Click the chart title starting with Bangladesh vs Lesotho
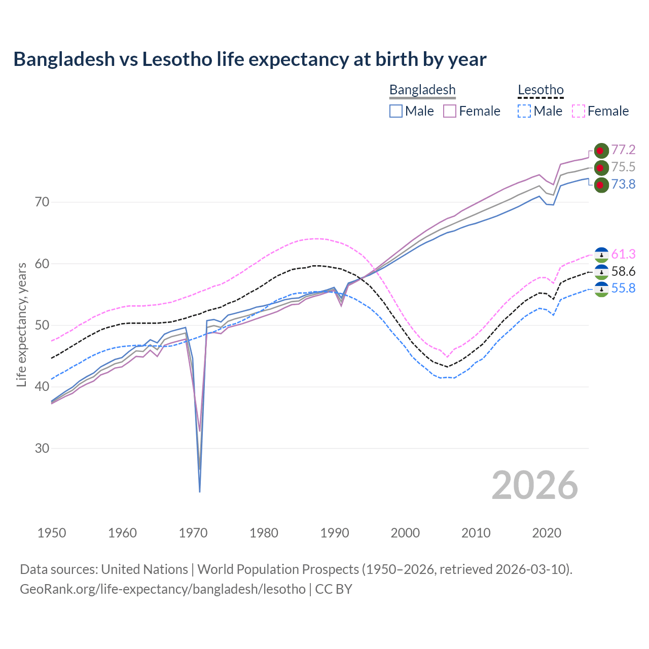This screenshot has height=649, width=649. [x=249, y=59]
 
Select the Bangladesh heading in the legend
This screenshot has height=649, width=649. [x=422, y=90]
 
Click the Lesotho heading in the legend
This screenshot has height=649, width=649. [x=540, y=90]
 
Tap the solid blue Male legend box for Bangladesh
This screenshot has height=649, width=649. [x=396, y=111]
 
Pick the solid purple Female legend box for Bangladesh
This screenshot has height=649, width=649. [x=450, y=111]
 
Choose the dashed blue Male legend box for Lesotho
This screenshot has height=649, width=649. [x=524, y=111]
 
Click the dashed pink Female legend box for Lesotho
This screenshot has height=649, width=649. [x=579, y=111]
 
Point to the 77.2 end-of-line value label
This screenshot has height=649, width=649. [x=623, y=150]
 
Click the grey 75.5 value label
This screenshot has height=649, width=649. [x=623, y=167]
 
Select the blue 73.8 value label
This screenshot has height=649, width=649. [x=623, y=184]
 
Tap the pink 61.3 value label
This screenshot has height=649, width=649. [x=623, y=254]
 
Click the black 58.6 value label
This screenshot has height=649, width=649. [x=623, y=271]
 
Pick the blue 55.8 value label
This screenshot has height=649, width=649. [x=623, y=289]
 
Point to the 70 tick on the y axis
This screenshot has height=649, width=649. [x=42, y=202]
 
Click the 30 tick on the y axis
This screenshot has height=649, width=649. [x=42, y=448]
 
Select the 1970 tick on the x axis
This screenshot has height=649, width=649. [x=193, y=533]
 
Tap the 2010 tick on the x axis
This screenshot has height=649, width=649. [x=476, y=533]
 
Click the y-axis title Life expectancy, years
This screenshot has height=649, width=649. [x=21, y=324]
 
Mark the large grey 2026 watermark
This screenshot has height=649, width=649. [x=534, y=485]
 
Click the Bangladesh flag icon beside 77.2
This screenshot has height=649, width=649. [x=601, y=151]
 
